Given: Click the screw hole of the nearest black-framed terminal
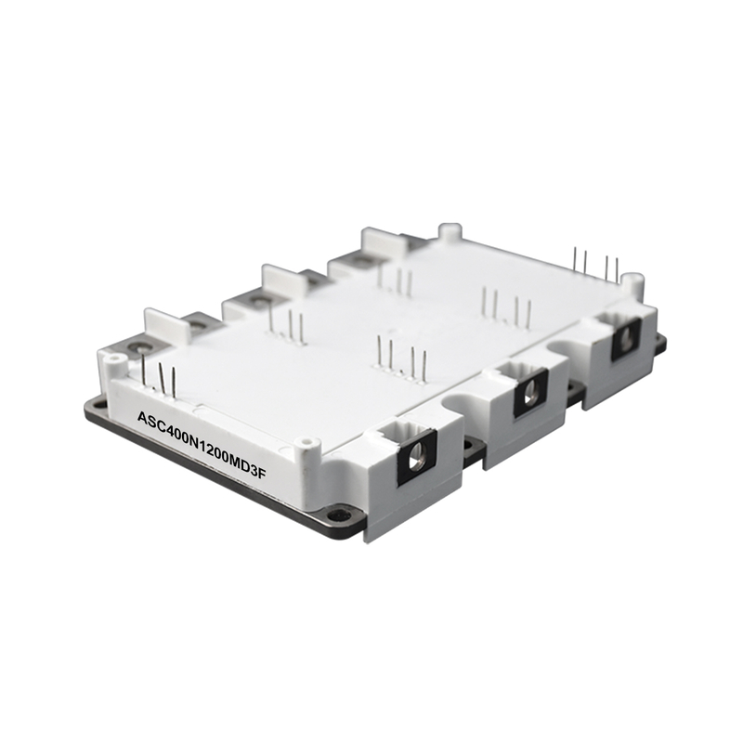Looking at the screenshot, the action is pyautogui.click(x=417, y=459).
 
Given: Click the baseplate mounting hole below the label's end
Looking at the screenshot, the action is pyautogui.click(x=337, y=515).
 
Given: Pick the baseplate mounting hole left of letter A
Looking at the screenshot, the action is pyautogui.click(x=98, y=405).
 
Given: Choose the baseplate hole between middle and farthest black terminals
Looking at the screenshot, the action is pyautogui.click(x=575, y=387).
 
